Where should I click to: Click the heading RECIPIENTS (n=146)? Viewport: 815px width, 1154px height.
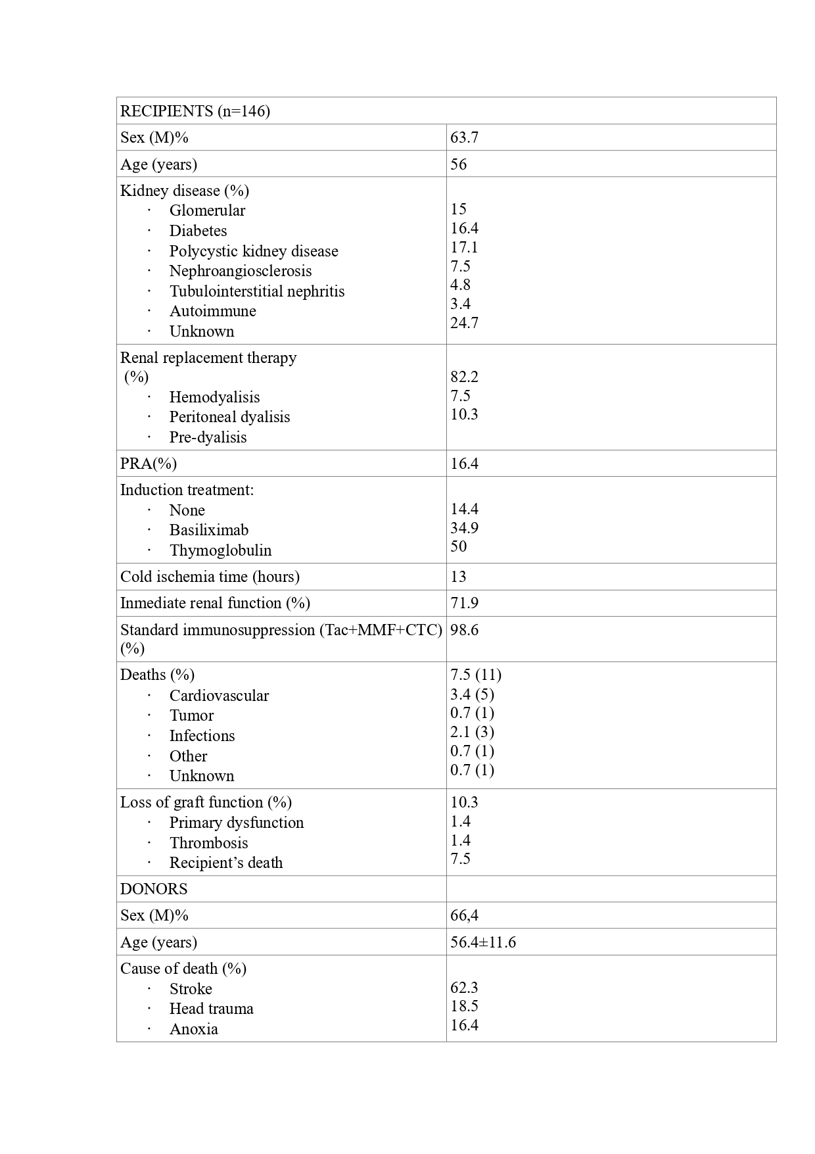[x=195, y=111]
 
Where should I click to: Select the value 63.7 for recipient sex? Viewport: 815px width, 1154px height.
[x=464, y=137]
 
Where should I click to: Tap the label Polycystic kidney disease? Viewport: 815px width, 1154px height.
[x=253, y=251]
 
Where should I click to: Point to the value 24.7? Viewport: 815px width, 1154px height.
[x=464, y=323]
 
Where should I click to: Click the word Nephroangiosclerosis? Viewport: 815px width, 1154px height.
[x=240, y=271]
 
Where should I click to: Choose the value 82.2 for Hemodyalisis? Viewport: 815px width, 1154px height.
[x=464, y=377]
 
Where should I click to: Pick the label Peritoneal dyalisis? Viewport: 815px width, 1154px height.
[x=229, y=417]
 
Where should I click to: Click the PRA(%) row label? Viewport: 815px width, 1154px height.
[x=149, y=464]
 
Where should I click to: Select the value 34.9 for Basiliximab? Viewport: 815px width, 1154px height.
[x=464, y=528]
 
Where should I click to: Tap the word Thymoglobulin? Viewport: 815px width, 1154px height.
[x=220, y=550]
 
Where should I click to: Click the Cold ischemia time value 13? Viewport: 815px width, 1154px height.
[x=458, y=577]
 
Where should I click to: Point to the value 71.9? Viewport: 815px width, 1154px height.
[x=464, y=603]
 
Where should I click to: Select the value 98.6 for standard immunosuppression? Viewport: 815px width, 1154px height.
[x=464, y=630]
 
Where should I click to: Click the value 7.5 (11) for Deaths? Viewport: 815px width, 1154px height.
[x=476, y=675]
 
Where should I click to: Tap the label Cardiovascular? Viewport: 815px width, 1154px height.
[x=219, y=696]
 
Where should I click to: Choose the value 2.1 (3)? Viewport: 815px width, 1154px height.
[x=472, y=732]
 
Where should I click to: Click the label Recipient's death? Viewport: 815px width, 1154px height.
[x=225, y=863]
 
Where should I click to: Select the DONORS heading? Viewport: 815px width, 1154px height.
[x=154, y=889]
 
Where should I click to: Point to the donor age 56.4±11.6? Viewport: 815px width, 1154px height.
[x=483, y=942]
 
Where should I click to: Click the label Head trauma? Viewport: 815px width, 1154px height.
[x=211, y=1009]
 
